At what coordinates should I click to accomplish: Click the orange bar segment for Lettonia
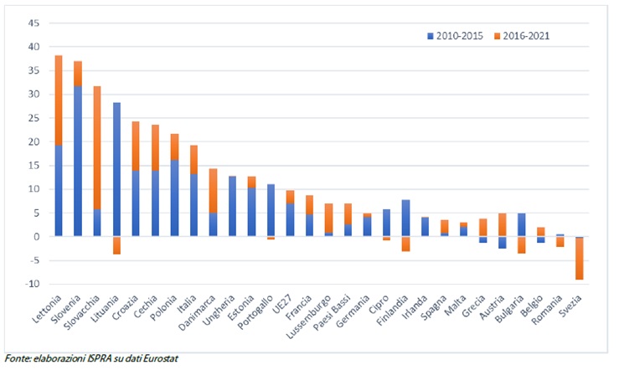[x=59, y=100]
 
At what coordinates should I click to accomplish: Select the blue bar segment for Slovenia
[x=78, y=161]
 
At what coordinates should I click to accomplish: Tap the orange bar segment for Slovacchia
[x=97, y=147]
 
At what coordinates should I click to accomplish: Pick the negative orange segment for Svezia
[x=580, y=259]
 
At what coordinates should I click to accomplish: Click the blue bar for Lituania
[x=116, y=169]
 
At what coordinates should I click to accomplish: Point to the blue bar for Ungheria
[x=233, y=206]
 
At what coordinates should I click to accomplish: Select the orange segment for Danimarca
[x=214, y=191]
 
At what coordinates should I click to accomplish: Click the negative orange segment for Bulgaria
[x=522, y=245]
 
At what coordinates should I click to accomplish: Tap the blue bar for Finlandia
[x=405, y=218]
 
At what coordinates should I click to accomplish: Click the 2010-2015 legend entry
[x=455, y=36]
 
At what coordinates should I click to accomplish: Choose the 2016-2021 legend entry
[x=522, y=36]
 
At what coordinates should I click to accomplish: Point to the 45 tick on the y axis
[x=34, y=23]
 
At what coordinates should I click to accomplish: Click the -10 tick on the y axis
[x=32, y=284]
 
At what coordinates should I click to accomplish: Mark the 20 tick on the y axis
[x=34, y=141]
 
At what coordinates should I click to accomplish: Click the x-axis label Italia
[x=187, y=304]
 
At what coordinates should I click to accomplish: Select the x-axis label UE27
[x=282, y=304]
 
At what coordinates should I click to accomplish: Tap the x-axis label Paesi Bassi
[x=332, y=312]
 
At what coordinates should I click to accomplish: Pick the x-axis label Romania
[x=546, y=310]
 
